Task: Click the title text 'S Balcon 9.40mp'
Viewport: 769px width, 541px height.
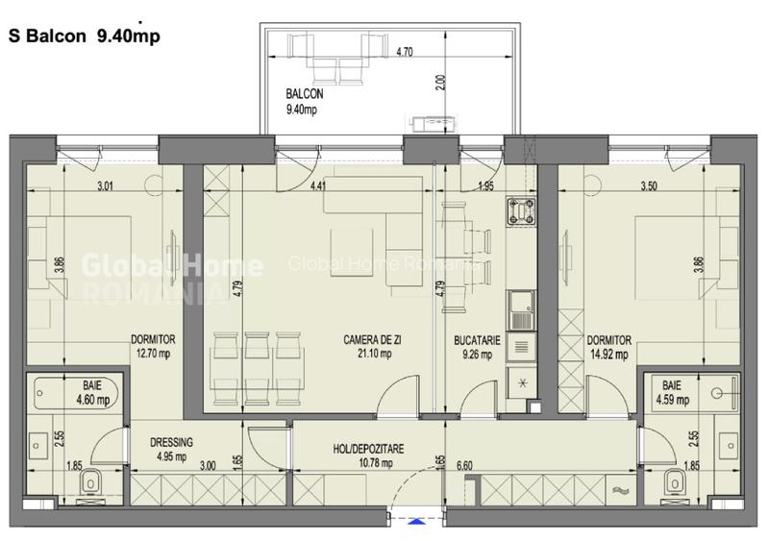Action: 83,37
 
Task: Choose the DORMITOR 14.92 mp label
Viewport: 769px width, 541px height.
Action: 608,347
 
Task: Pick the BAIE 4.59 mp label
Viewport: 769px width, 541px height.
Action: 672,392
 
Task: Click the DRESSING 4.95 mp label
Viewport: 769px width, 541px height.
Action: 172,449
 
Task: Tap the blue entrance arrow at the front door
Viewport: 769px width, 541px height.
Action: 415,522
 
